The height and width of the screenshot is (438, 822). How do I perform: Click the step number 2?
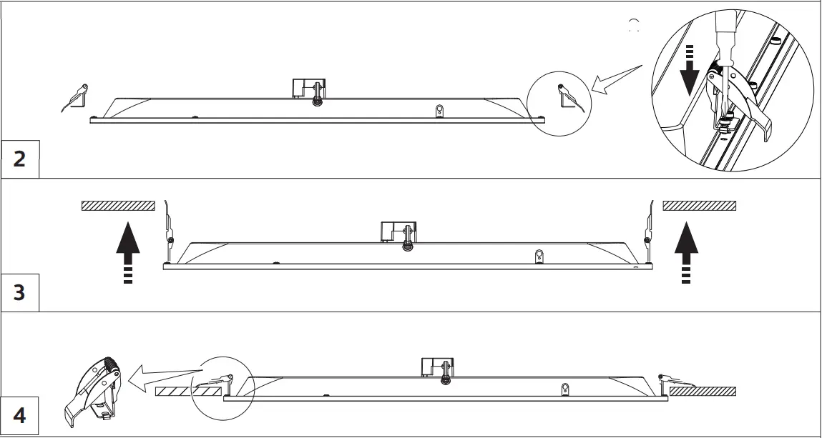19,159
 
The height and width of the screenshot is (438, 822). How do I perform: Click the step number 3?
19,292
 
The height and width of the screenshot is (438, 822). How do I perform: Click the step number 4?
19,415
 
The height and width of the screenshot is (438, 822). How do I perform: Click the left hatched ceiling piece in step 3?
118,206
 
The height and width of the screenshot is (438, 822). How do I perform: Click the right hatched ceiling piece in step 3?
700,206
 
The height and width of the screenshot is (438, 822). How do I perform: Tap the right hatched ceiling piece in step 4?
703,391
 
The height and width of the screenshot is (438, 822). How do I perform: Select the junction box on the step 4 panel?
436,367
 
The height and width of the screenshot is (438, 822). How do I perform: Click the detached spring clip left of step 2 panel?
74,98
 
